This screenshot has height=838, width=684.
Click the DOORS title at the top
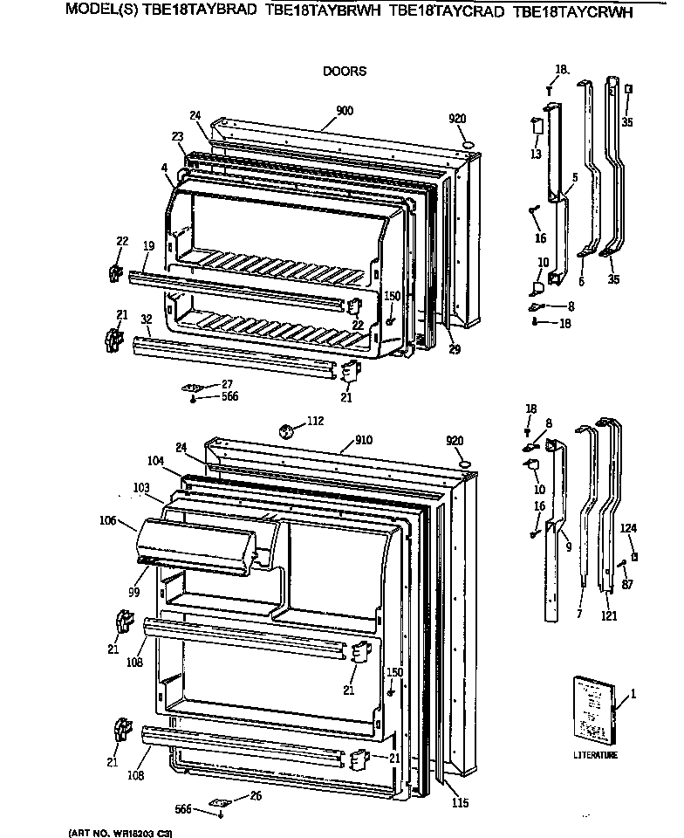click(x=345, y=72)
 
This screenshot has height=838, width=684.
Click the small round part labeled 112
click(x=285, y=429)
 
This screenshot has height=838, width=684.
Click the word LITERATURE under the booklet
click(x=595, y=755)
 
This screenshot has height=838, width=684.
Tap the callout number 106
click(x=107, y=521)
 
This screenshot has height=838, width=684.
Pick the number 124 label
click(x=629, y=527)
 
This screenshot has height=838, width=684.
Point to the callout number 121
click(x=609, y=617)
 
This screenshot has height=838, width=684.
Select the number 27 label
click(x=227, y=384)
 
